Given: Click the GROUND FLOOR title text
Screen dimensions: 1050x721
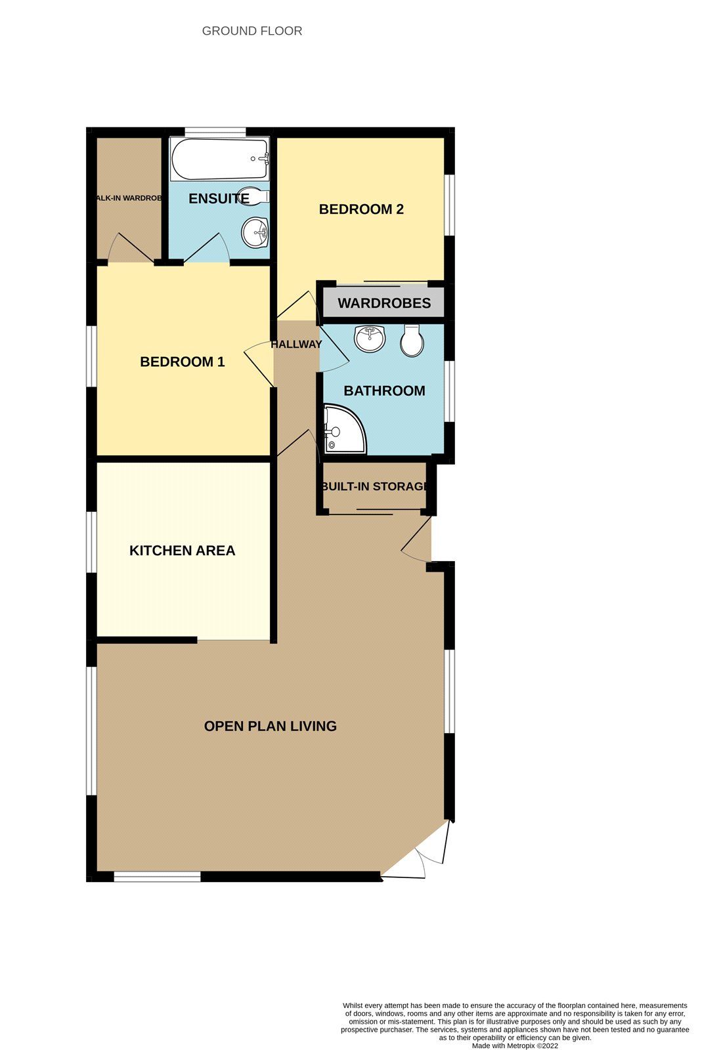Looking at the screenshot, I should point(252,31).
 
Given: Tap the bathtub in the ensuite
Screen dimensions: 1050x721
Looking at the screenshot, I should point(219,159).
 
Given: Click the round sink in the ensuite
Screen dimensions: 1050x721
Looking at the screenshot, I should point(255,232).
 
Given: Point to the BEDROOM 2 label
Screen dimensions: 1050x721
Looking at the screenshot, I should point(361,209).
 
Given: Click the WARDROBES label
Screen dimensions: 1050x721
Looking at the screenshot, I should point(384,303).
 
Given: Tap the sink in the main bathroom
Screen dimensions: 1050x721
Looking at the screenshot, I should point(370,339).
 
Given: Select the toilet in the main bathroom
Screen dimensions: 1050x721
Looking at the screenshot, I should point(412,340).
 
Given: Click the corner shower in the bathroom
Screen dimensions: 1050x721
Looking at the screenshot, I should point(343,430).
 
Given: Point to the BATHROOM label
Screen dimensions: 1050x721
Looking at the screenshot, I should point(384,391).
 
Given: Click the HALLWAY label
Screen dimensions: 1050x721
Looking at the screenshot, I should point(296,344).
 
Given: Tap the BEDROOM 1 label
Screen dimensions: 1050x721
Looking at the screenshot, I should point(183,362).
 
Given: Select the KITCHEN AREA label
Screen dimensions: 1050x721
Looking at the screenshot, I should point(182,551).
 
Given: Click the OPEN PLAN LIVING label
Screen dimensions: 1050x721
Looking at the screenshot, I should point(270,726).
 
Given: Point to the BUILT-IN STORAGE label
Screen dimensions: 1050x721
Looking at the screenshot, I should point(374,486).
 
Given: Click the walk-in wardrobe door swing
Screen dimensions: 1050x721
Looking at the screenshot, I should point(131,249).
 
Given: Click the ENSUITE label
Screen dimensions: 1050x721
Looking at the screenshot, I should point(219,199).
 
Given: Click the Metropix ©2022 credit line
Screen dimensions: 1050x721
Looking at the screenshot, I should point(515,1046).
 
